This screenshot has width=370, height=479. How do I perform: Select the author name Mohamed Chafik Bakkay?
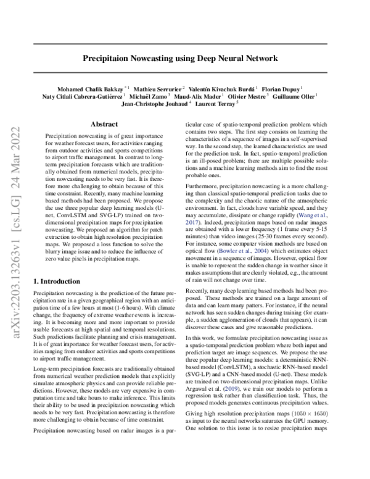(84, 88)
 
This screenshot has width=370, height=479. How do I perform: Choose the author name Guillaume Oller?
(300, 96)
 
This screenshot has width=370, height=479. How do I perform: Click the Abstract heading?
(104, 123)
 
